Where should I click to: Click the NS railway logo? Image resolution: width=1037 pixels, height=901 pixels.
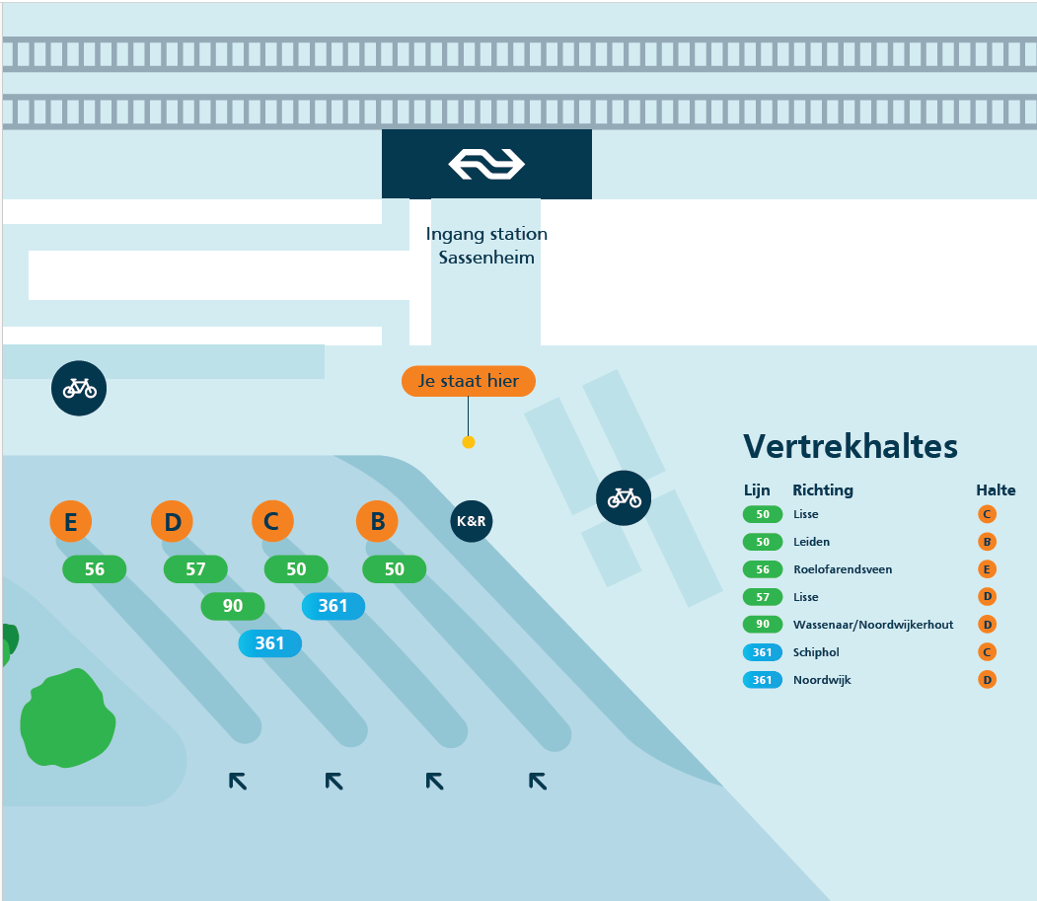(486, 164)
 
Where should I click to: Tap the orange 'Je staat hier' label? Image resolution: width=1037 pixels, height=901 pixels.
(469, 381)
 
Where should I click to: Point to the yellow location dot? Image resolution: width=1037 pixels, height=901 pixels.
(469, 442)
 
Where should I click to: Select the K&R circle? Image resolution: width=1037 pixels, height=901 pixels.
(472, 521)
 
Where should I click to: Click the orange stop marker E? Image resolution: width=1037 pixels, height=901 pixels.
(71, 521)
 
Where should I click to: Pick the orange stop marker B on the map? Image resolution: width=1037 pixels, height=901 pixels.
(377, 521)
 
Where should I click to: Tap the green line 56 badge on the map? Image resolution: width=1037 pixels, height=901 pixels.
(95, 568)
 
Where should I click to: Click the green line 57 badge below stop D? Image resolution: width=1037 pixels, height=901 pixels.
(195, 568)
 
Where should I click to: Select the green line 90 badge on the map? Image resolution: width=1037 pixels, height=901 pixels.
(233, 606)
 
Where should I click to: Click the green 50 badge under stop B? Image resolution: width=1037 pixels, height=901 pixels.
(394, 568)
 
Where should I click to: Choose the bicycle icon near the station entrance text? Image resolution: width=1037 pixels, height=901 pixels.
(79, 388)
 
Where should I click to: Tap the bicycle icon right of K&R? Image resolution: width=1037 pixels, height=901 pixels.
(624, 498)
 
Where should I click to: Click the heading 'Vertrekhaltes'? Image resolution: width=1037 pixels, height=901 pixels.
(851, 446)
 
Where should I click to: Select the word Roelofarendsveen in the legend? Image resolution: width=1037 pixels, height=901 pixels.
(843, 569)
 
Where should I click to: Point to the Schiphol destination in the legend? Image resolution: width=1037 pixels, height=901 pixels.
(816, 652)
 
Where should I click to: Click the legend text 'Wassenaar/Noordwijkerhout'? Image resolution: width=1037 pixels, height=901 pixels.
(873, 625)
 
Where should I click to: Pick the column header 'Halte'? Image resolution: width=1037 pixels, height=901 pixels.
(996, 490)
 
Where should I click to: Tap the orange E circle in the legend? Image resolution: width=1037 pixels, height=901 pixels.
(987, 569)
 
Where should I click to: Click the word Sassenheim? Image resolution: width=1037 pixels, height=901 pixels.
(486, 258)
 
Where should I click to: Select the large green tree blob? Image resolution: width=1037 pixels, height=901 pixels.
(67, 719)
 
